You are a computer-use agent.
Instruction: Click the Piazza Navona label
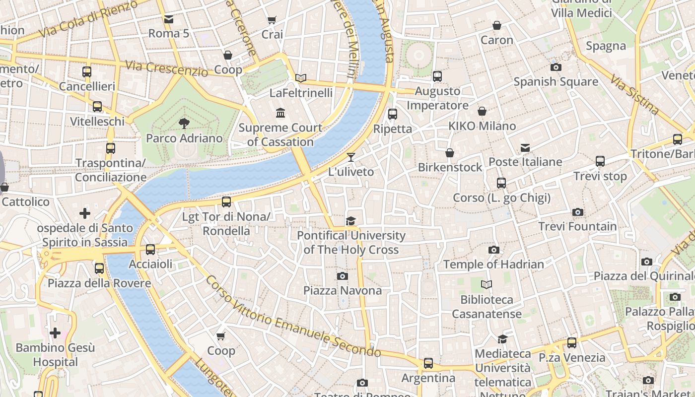[x=343, y=290]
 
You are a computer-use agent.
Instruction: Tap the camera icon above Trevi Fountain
[x=577, y=212]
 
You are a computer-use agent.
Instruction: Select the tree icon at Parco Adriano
[x=184, y=124]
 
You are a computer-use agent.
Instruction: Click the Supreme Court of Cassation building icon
[x=280, y=113]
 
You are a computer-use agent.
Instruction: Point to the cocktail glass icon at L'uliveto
[x=351, y=157]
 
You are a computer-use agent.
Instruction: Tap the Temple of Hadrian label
[x=493, y=264]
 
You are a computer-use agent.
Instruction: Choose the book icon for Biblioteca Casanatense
[x=486, y=285]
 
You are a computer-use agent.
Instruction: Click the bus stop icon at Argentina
[x=428, y=363]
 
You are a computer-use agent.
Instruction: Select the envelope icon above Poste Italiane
[x=525, y=148]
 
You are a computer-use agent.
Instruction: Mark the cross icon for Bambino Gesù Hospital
[x=55, y=332]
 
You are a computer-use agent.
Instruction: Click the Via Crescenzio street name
[x=166, y=68]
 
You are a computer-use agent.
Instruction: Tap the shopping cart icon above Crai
[x=272, y=20]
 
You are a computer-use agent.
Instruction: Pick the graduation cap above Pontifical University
[x=351, y=221]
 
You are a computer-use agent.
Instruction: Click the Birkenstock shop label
[x=450, y=167]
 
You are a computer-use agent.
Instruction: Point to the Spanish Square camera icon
[x=556, y=67]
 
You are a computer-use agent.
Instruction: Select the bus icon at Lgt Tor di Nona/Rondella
[x=226, y=202]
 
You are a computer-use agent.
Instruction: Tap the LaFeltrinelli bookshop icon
[x=301, y=78]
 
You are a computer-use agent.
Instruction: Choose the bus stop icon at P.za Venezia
[x=572, y=343]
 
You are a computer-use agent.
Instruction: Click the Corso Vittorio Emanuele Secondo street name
[x=293, y=318]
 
